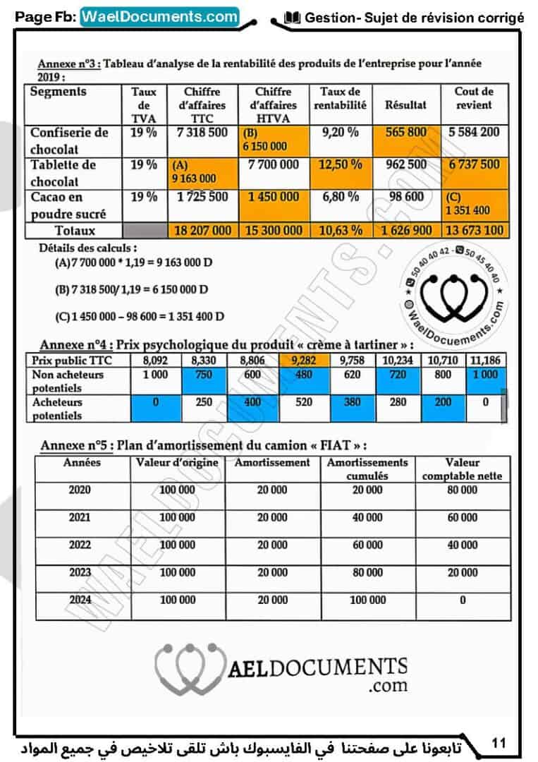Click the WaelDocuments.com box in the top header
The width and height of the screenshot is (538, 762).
160,16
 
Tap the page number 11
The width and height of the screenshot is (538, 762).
499,742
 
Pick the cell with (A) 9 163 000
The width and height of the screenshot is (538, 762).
203,171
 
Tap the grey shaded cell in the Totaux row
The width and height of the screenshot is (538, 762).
145,231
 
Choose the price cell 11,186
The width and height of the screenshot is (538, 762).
484,359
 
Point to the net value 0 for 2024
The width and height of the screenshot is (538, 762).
463,600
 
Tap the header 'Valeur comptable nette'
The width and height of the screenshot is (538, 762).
463,469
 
